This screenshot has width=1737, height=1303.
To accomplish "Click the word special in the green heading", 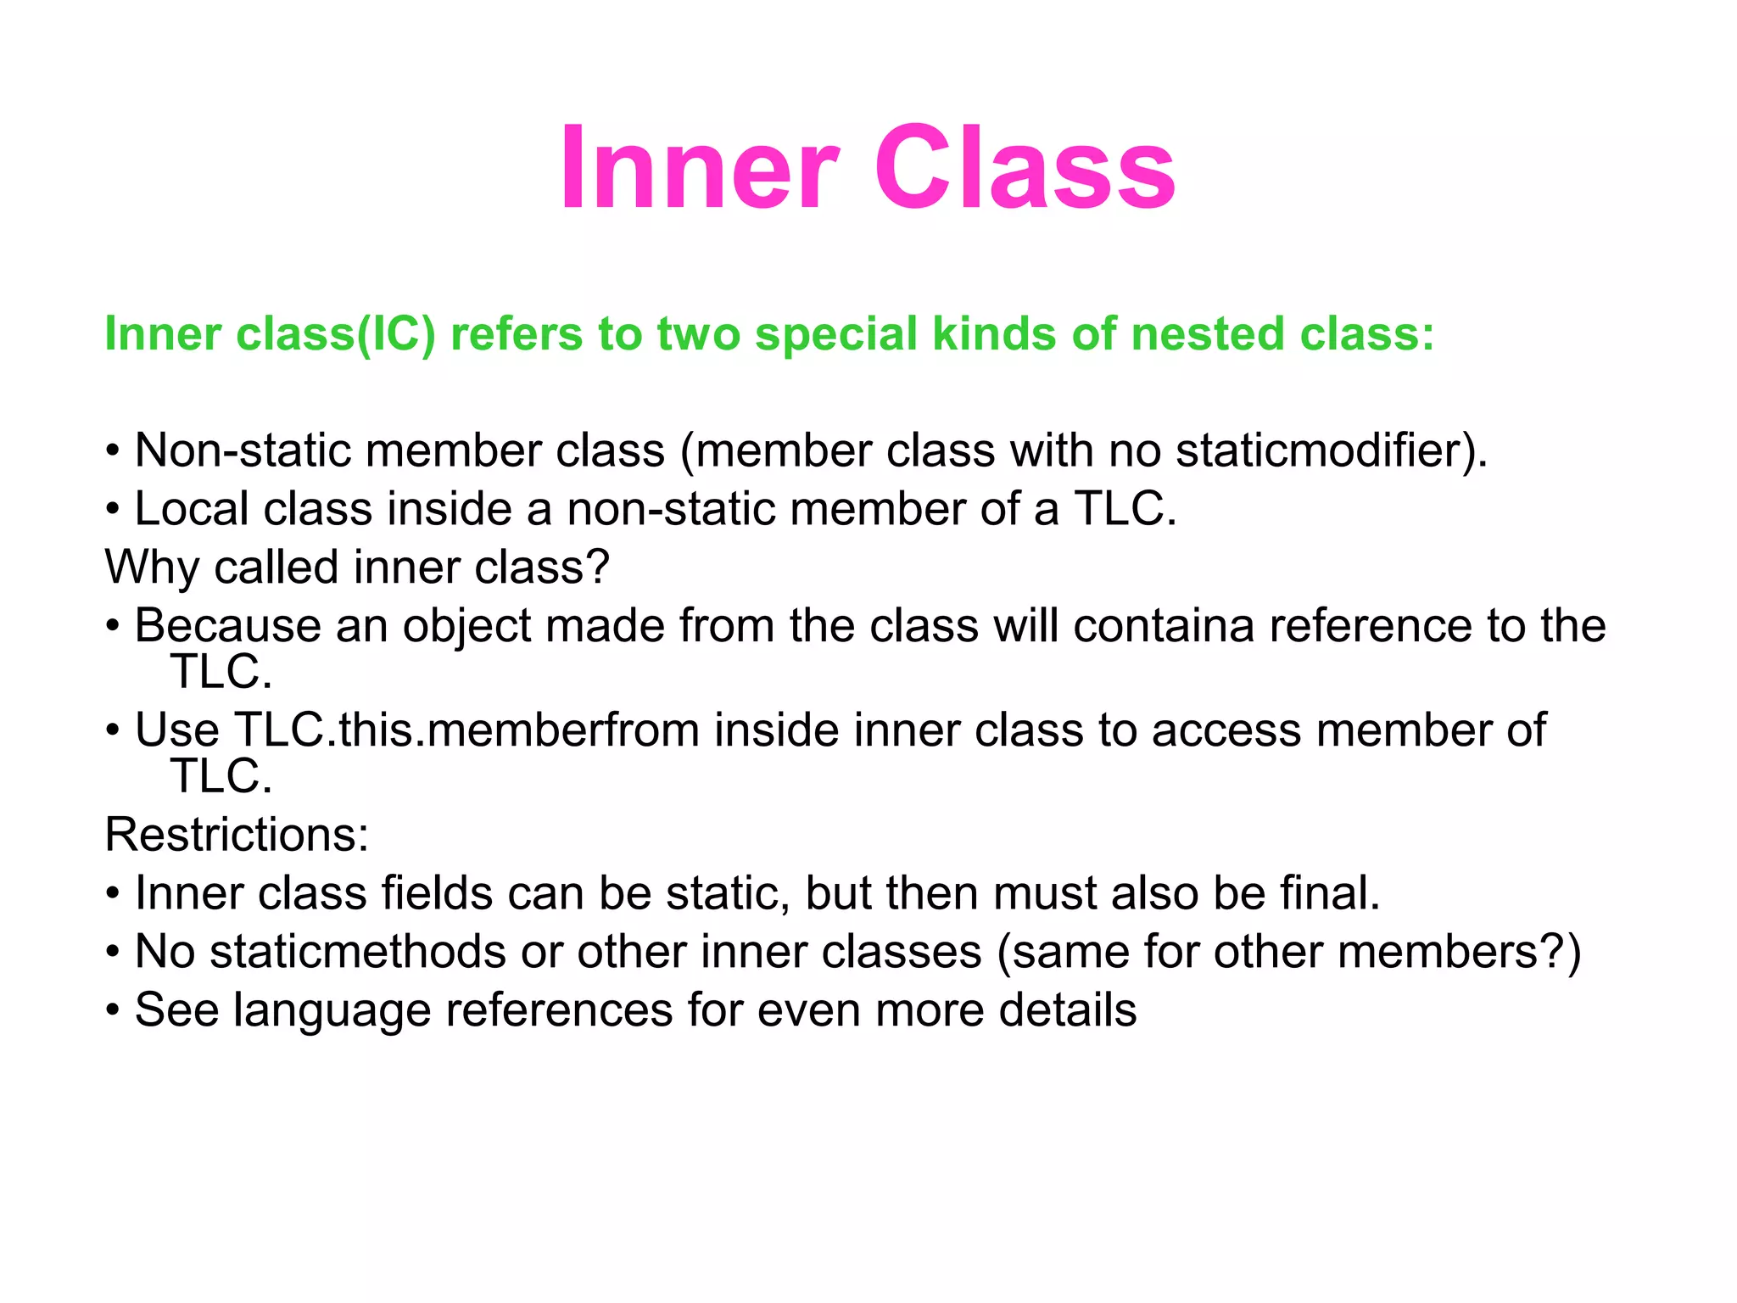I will (835, 334).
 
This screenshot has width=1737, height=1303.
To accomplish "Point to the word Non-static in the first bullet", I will (242, 450).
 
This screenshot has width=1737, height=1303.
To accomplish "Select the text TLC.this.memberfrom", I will (466, 730).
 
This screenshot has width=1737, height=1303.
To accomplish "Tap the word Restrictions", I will (237, 835).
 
